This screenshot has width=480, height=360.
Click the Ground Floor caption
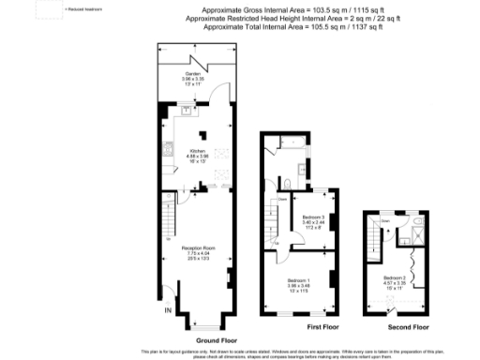216,339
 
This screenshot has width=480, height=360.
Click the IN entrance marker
169,310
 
